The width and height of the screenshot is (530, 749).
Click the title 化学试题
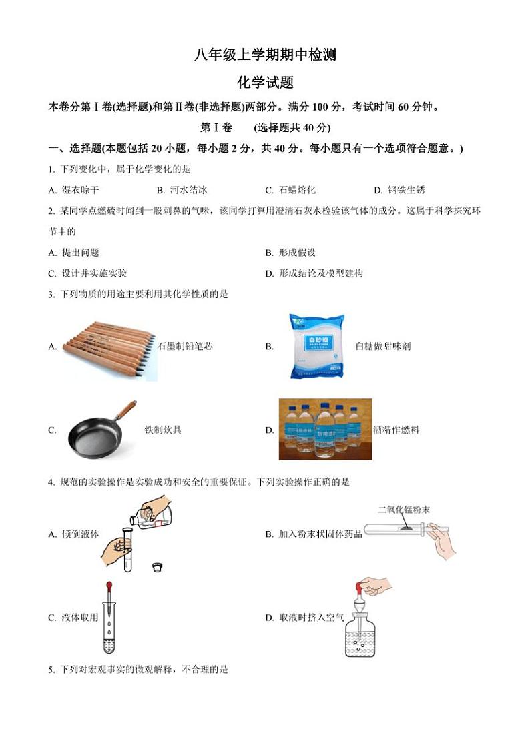point(265,83)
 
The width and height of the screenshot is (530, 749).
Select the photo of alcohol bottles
point(325,429)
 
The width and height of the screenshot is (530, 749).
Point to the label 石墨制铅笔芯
point(185,347)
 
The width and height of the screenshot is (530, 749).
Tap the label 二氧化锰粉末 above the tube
point(404,510)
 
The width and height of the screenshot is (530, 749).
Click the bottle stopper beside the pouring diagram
point(157,568)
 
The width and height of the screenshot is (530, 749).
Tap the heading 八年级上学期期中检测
point(265,55)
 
